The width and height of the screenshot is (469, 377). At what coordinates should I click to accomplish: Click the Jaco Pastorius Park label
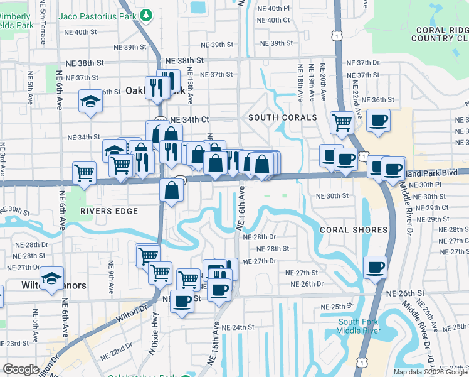(98, 14)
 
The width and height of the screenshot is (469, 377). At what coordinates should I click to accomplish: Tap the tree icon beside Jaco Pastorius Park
(147, 14)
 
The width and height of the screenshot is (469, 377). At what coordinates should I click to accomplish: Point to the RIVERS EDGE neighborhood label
(109, 211)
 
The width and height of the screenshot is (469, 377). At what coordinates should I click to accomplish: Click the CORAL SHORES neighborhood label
(354, 230)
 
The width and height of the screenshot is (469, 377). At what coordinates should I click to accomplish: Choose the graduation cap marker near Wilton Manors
(52, 278)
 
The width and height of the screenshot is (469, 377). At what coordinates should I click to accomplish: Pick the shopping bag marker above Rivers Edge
(172, 191)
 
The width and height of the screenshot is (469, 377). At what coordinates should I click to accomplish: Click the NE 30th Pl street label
(429, 185)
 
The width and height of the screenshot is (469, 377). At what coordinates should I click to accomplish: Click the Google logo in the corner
(21, 369)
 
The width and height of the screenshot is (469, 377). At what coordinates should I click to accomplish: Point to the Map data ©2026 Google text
(430, 372)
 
